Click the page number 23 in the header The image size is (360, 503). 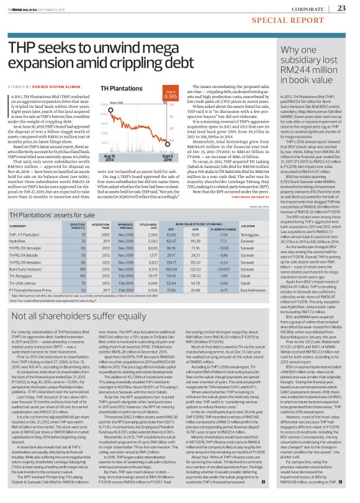point(341,8)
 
